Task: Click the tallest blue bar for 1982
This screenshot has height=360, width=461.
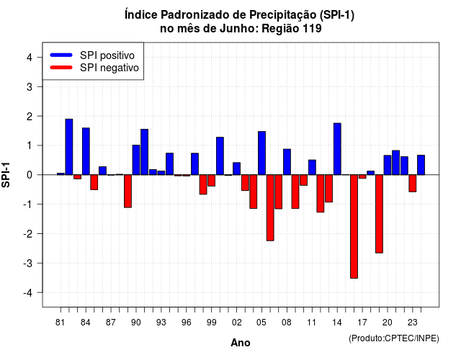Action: pos(69,147)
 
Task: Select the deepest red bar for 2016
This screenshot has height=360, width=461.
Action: pos(354,226)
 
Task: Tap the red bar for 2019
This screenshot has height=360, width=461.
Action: pos(380,214)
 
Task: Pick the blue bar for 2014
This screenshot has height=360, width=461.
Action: pos(337,149)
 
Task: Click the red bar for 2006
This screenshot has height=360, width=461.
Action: pos(270,208)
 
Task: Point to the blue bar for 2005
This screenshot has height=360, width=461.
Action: pos(261,153)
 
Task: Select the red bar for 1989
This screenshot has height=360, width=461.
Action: pos(127,191)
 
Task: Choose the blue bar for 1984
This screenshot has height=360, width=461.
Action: pos(86,151)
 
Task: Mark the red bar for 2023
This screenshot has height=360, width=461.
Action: pos(413,184)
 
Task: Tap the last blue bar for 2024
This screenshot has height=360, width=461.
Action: pos(421,165)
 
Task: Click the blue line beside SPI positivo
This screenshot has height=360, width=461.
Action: pos(61,55)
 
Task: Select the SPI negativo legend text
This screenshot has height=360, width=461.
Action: pos(109,68)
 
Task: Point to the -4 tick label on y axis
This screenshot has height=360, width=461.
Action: pos(29,293)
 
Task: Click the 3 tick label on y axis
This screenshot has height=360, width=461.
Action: pos(30,87)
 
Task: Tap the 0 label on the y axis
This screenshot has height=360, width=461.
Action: pos(30,175)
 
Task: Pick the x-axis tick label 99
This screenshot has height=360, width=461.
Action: pos(211,323)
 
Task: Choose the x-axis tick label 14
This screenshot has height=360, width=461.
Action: pos(337,323)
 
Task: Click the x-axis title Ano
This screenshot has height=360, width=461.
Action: pos(241,343)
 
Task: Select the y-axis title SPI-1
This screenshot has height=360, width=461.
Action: pos(6,175)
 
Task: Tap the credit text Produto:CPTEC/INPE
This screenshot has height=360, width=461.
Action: pos(394,338)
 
